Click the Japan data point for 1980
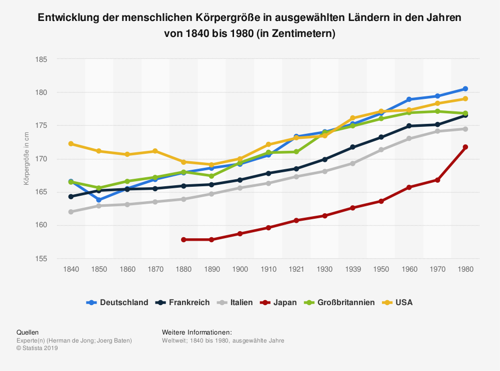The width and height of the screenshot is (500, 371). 465,147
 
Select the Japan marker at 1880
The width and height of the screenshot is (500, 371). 184,240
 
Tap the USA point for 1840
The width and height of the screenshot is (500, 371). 71,144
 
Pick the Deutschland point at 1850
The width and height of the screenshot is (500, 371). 99,200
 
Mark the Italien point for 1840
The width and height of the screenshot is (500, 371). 71,212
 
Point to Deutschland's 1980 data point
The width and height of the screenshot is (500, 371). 465,89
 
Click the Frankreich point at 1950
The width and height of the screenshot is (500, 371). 381,137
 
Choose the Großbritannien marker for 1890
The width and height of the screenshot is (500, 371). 212,176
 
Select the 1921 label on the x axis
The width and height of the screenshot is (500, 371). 296,269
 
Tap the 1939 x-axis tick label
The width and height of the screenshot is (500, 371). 353,269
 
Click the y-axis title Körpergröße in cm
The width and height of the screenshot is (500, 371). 26,159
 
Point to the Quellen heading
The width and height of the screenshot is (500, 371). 27,332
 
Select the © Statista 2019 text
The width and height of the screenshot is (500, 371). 37,348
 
